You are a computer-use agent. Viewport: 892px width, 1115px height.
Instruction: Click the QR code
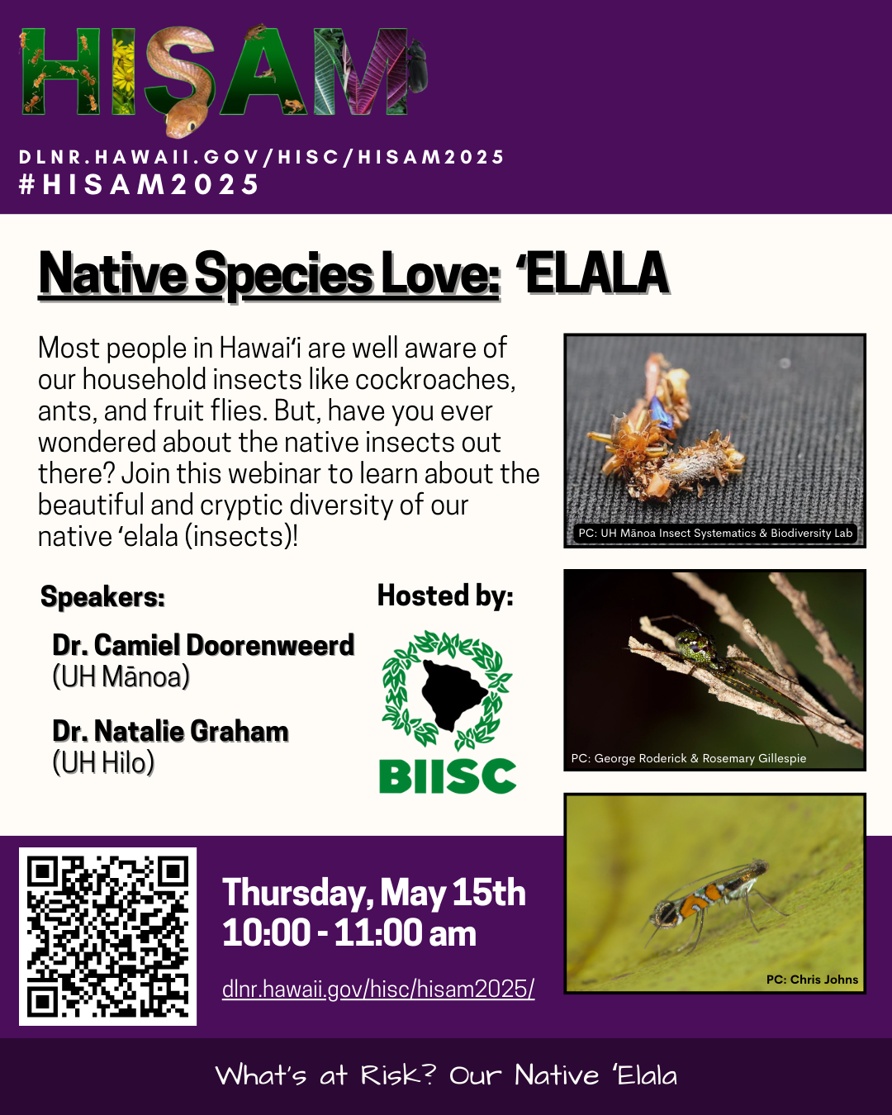pyautogui.click(x=108, y=937)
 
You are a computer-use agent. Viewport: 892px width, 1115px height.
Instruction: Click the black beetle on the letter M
pyautogui.click(x=417, y=68)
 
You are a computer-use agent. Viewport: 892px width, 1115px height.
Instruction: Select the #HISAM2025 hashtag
pyautogui.click(x=139, y=184)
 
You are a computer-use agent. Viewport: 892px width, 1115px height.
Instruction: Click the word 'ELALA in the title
pyautogui.click(x=591, y=273)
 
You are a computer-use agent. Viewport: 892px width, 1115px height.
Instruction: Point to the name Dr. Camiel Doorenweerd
pyautogui.click(x=203, y=646)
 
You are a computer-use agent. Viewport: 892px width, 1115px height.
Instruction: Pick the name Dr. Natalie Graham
pyautogui.click(x=170, y=731)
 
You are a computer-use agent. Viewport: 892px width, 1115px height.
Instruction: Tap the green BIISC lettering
pyautogui.click(x=448, y=776)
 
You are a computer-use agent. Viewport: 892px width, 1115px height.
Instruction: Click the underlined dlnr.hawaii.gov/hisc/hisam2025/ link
pyautogui.click(x=378, y=989)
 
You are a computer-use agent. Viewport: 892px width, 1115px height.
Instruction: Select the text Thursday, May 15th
pyautogui.click(x=373, y=893)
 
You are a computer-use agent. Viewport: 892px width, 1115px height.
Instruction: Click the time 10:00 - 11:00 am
pyautogui.click(x=349, y=933)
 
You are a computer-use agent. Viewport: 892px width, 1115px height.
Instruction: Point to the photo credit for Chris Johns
pyautogui.click(x=812, y=980)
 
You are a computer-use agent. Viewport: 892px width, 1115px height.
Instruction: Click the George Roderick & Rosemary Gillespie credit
pyautogui.click(x=688, y=758)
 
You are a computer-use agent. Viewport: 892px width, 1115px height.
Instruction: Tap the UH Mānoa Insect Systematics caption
pyautogui.click(x=715, y=534)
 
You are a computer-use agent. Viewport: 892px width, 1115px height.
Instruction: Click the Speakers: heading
pyautogui.click(x=102, y=596)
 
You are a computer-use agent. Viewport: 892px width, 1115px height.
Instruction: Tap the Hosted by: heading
pyautogui.click(x=445, y=595)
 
